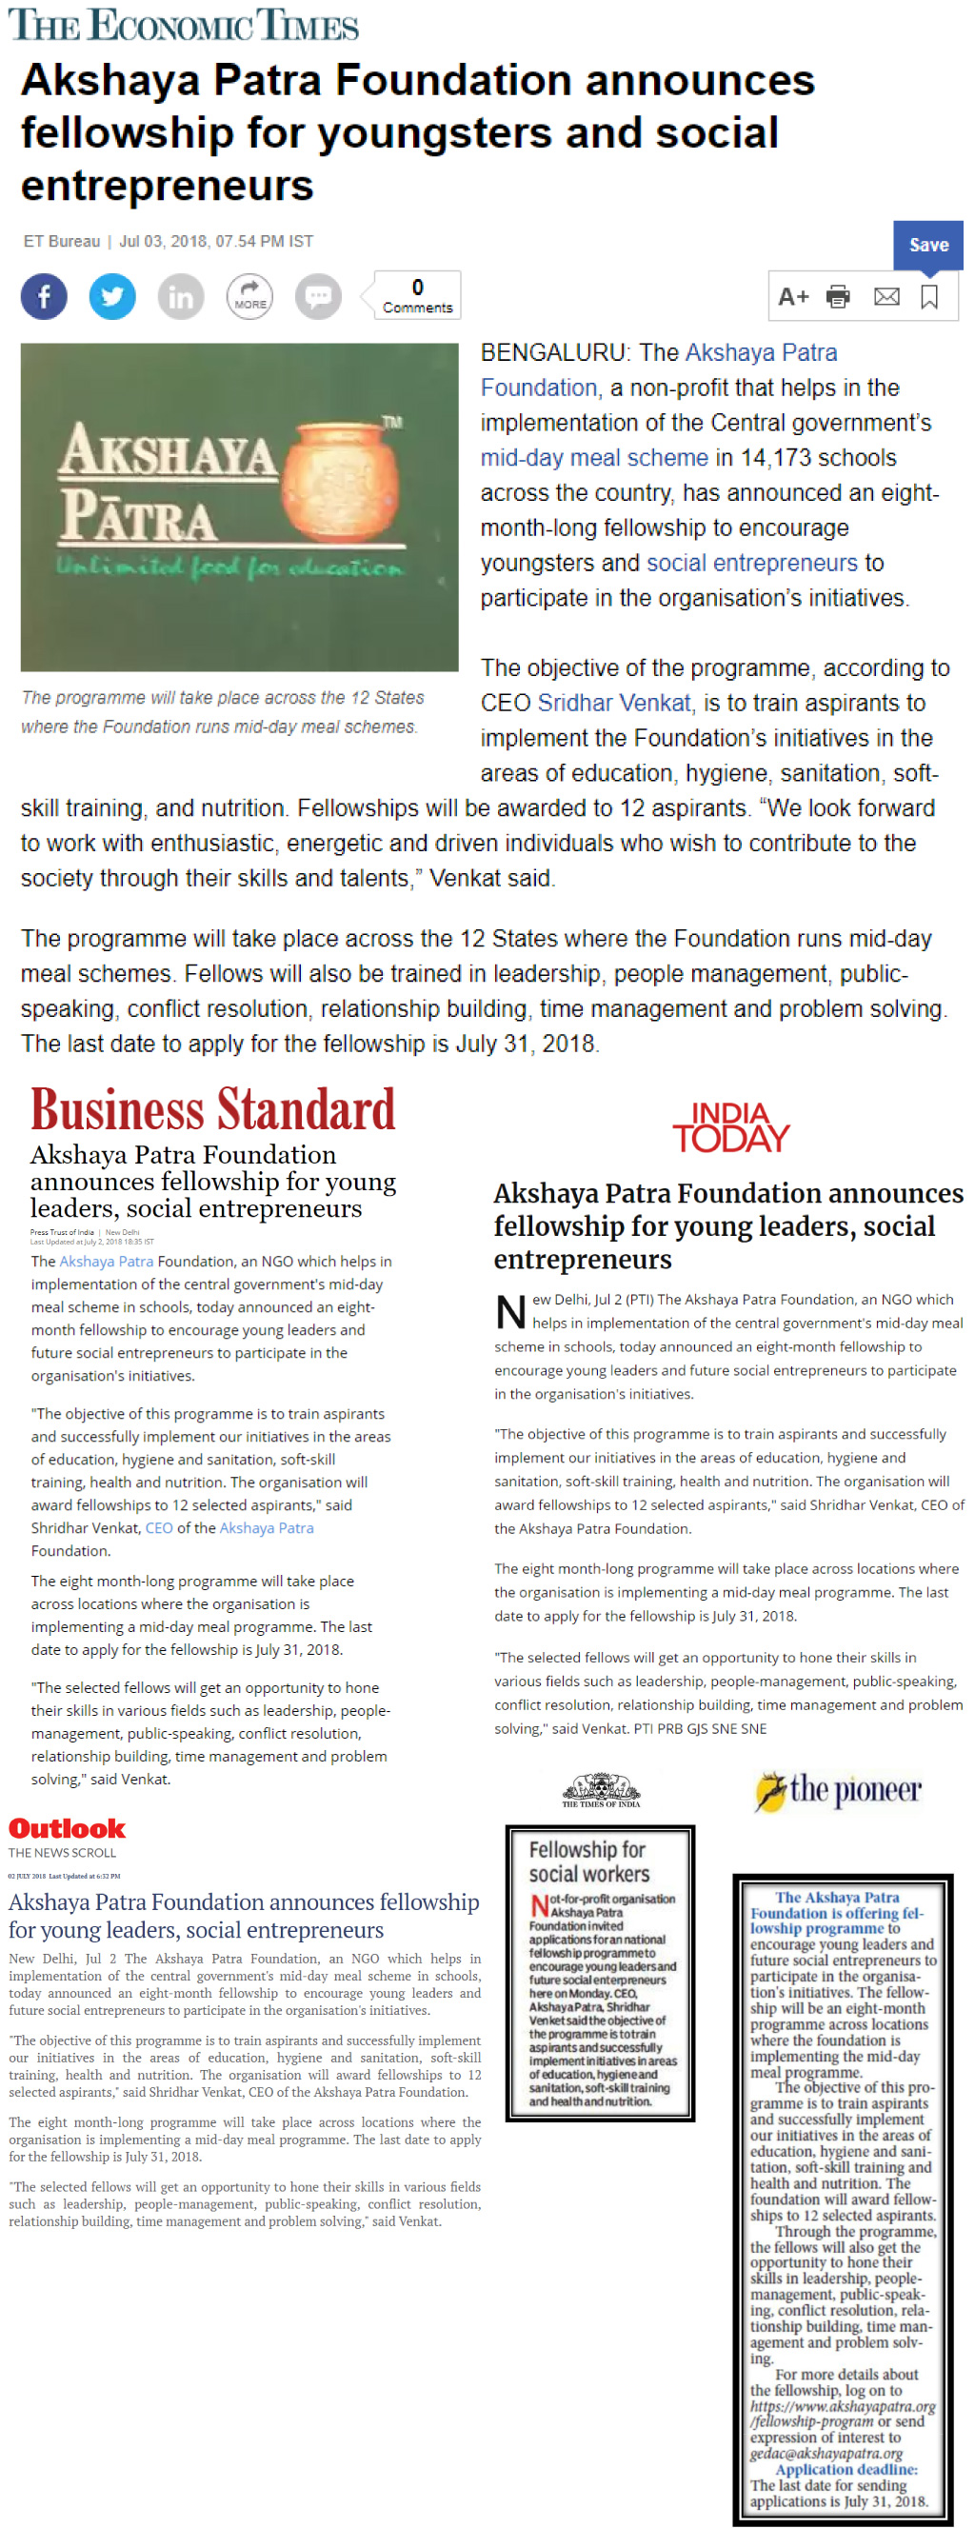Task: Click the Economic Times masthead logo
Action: point(184,25)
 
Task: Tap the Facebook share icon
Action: point(44,296)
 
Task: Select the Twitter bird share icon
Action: point(112,296)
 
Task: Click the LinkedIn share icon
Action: point(182,296)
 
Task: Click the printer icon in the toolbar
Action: point(838,296)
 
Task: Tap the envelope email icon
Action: point(886,296)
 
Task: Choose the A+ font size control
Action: point(792,296)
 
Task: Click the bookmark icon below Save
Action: point(929,296)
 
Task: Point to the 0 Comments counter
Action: point(417,295)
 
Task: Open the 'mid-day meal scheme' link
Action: point(593,457)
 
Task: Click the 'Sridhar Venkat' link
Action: point(614,703)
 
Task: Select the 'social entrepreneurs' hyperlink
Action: point(751,563)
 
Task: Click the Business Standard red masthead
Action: point(213,1110)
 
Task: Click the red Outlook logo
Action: point(67,1828)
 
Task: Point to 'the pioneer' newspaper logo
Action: point(839,1790)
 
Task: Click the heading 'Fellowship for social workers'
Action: point(587,1861)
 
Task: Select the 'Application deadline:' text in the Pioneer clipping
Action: point(846,2469)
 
